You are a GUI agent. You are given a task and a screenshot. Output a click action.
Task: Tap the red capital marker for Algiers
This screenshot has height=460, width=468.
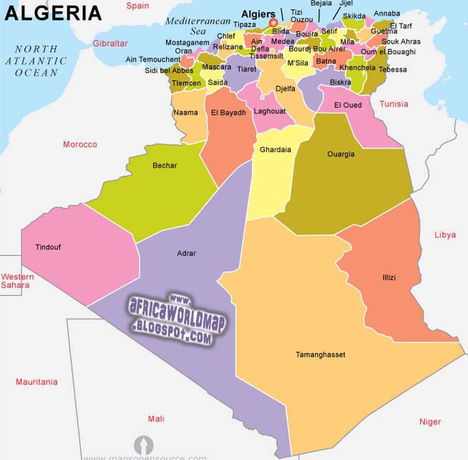(x=273, y=23)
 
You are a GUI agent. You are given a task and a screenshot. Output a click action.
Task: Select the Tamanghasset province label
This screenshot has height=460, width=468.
(x=320, y=355)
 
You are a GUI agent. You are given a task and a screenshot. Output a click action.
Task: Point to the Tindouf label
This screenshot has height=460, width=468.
(x=48, y=247)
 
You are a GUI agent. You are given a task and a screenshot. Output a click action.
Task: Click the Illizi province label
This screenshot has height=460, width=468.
(x=389, y=277)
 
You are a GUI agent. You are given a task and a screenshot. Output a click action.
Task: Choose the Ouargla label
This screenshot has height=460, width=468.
(x=341, y=154)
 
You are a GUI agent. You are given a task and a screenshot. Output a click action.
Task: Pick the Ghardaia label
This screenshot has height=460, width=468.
(x=276, y=150)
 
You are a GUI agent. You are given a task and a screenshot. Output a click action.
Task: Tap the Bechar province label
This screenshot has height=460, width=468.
(x=165, y=166)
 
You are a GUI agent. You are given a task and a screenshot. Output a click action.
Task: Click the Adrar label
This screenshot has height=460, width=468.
(x=186, y=253)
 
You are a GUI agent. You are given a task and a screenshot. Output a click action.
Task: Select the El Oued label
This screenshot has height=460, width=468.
(x=348, y=106)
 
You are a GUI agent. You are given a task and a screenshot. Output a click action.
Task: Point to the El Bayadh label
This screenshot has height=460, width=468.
(x=228, y=112)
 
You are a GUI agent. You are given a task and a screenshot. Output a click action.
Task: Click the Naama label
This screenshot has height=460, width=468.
(x=185, y=112)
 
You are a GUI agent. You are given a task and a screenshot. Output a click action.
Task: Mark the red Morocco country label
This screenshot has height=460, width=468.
(x=79, y=144)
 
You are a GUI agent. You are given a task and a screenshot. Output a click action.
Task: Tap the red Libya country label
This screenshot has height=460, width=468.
(x=445, y=235)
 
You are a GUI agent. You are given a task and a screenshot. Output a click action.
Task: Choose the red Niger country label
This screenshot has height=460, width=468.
(x=430, y=421)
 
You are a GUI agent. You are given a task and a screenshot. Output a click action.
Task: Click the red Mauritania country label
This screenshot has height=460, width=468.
(x=36, y=382)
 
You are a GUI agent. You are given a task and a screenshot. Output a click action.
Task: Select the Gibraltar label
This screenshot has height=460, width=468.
(x=109, y=44)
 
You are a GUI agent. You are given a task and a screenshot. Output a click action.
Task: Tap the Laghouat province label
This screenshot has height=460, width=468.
(x=270, y=111)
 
